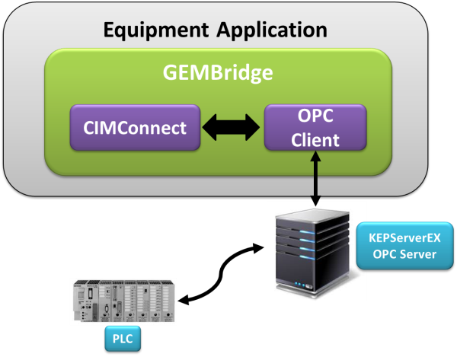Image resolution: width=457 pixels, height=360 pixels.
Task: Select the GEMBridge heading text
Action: coord(218,73)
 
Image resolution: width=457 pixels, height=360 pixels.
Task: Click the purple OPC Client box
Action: coord(315,127)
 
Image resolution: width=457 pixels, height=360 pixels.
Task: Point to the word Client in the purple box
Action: coord(315,139)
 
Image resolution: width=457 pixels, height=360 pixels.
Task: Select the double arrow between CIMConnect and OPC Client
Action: coord(232,128)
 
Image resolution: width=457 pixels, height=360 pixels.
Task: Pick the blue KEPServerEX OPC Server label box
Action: coord(404,246)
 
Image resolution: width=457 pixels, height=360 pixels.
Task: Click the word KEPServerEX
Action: coord(404,237)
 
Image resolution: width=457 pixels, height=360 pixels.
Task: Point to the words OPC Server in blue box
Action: coord(404,254)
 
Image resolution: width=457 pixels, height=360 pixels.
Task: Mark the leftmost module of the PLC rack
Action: coord(79,303)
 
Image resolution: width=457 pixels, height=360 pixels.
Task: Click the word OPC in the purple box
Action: coord(315,117)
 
